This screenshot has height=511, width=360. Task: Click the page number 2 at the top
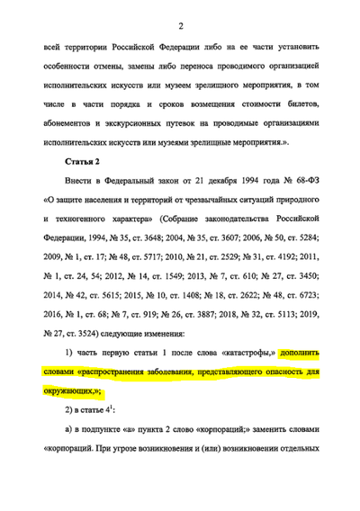pyautogui.click(x=181, y=24)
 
